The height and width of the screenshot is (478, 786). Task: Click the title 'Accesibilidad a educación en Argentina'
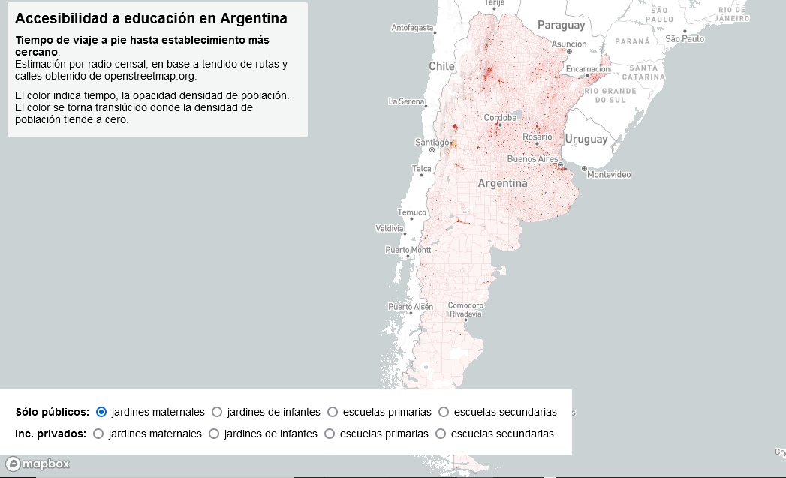tap(151, 18)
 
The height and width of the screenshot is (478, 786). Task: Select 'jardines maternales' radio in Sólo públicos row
tap(101, 412)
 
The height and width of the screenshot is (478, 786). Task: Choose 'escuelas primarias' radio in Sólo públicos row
tap(333, 412)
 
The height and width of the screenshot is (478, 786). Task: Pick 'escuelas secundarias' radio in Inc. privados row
tap(441, 434)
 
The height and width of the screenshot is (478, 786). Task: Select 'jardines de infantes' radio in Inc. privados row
tap(214, 434)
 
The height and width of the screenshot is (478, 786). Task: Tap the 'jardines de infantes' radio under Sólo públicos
tap(217, 412)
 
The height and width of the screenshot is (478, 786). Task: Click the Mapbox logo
tap(38, 464)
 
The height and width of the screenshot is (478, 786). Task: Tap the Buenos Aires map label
tap(532, 159)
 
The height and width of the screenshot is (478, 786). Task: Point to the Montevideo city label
tap(609, 175)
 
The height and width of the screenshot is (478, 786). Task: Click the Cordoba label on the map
tap(500, 118)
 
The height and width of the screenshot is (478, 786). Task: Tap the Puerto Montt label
tap(408, 250)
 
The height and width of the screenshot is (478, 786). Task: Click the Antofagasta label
tap(413, 28)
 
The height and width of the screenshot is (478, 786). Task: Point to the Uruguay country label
tap(586, 139)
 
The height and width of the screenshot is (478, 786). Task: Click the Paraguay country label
tap(561, 26)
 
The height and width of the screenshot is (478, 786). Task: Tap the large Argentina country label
tap(502, 183)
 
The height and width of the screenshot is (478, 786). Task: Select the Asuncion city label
tap(569, 44)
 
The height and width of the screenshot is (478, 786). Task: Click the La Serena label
tap(406, 101)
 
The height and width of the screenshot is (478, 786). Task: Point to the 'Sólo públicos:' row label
tap(53, 412)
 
